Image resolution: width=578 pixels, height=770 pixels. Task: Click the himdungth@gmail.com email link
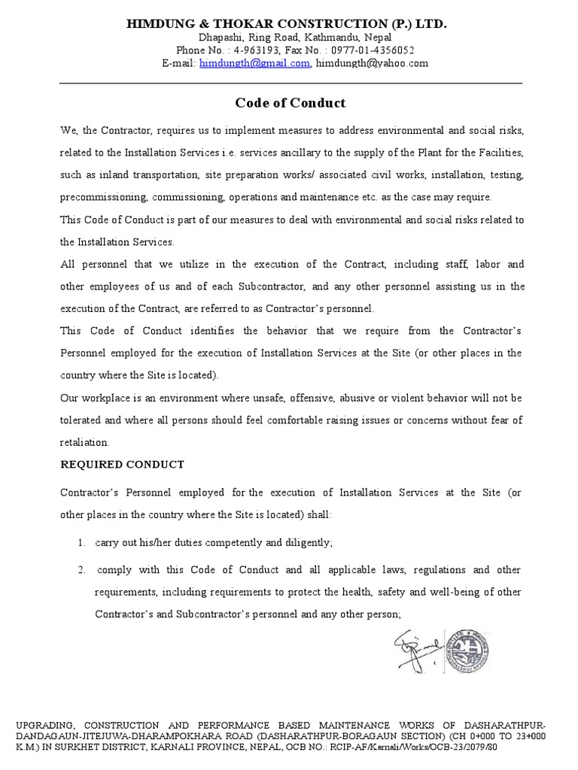tap(254, 64)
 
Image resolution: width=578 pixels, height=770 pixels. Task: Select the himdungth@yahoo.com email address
tap(372, 64)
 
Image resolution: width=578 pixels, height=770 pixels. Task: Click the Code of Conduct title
tap(291, 103)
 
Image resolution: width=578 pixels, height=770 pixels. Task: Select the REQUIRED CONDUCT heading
tap(122, 465)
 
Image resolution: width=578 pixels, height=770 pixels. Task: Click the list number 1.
tap(81, 542)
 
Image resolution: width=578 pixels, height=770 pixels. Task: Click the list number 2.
tap(81, 570)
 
